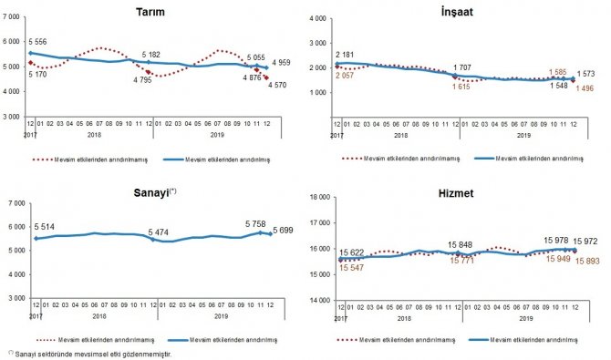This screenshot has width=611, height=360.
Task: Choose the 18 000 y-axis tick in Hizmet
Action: click(x=319, y=197)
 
